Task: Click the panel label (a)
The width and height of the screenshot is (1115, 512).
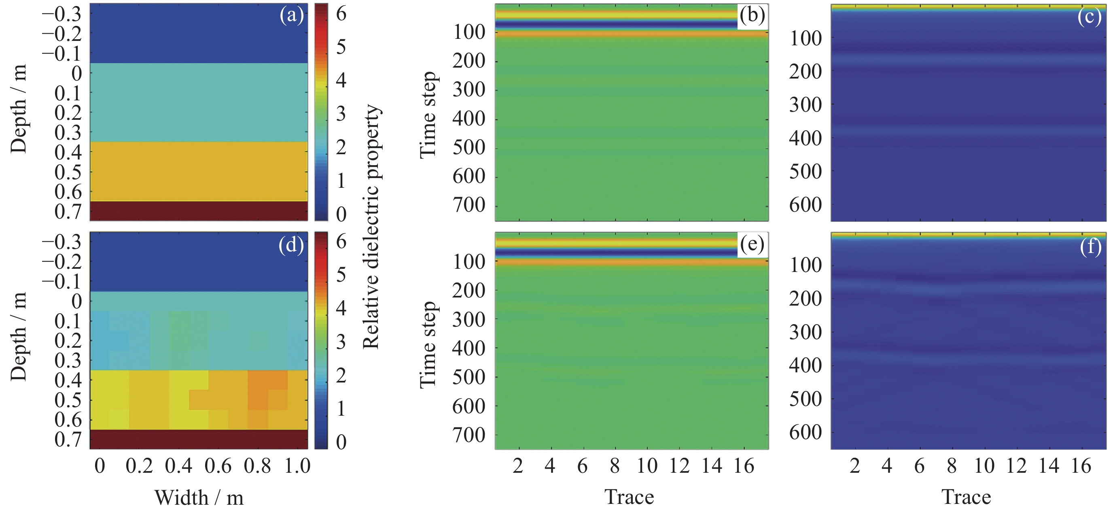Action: [x=291, y=16]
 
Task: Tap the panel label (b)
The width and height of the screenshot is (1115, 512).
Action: [x=752, y=16]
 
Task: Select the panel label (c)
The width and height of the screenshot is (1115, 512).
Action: [x=1089, y=18]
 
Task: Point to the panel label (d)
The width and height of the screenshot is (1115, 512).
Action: [x=291, y=245]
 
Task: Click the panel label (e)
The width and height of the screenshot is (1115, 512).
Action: [x=752, y=245]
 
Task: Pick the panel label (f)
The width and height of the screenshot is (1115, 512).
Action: [x=1090, y=247]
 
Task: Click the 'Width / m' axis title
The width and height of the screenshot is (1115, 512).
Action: [x=199, y=497]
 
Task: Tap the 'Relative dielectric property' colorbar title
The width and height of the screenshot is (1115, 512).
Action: [x=371, y=227]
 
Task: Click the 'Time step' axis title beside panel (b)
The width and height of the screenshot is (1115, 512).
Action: [x=428, y=115]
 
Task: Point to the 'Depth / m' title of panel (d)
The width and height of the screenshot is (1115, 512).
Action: [x=18, y=337]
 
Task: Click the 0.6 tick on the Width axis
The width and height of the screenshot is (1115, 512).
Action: [x=218, y=466]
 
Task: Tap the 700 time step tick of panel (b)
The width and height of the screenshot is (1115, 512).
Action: [x=469, y=205]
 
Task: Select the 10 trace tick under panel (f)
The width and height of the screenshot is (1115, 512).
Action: [x=984, y=466]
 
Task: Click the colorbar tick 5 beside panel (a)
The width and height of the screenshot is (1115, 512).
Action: [x=341, y=47]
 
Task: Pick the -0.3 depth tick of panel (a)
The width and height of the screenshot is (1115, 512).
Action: [x=61, y=14]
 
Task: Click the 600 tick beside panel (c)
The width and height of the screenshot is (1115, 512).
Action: [x=806, y=204]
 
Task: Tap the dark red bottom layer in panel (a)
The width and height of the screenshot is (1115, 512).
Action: [x=199, y=211]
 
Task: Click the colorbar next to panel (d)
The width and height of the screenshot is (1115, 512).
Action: [x=321, y=340]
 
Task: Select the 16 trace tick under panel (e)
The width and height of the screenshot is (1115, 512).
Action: [x=744, y=466]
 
